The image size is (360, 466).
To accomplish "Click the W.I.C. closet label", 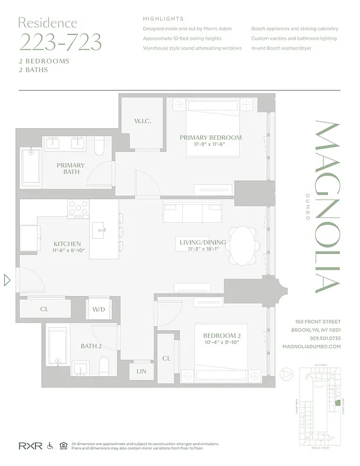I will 143,121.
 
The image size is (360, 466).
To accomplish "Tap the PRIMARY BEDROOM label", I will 210,137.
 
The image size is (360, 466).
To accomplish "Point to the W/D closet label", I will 98,309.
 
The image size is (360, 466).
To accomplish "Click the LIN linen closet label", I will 142,370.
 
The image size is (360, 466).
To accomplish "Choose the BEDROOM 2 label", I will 221,336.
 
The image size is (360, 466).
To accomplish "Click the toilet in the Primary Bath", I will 99,146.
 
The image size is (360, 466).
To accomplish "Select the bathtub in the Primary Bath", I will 29,168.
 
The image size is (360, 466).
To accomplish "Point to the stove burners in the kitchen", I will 77,209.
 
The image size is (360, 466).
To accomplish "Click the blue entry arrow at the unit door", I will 8,280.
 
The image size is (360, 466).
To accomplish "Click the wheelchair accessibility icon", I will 49,446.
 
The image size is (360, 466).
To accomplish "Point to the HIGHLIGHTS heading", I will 163,19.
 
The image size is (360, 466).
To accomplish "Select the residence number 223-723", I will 60,43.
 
